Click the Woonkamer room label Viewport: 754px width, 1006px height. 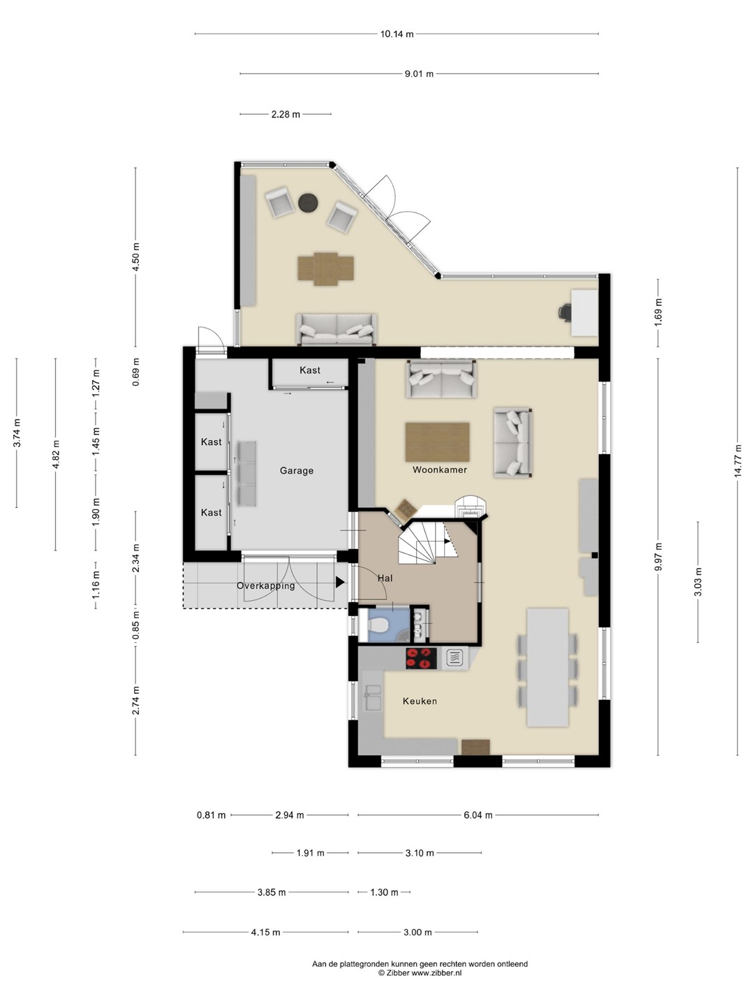[440, 469]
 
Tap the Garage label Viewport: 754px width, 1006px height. [297, 471]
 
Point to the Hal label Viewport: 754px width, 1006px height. [385, 578]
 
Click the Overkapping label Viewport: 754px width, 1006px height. [265, 586]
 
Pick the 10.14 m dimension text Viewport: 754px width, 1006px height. [397, 34]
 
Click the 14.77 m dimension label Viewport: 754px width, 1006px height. [737, 461]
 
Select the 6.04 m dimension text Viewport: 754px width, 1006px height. [478, 815]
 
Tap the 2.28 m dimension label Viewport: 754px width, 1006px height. [286, 115]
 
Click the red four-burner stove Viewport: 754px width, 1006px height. [421, 659]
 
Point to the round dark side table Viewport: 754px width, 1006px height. [308, 203]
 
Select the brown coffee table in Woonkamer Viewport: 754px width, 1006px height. [437, 442]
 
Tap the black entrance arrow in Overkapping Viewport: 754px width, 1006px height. [340, 582]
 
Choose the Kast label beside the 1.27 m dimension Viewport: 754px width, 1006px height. [310, 370]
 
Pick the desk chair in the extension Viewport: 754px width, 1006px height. [565, 313]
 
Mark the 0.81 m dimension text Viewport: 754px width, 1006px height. [212, 815]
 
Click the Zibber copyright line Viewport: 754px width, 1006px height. [420, 973]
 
